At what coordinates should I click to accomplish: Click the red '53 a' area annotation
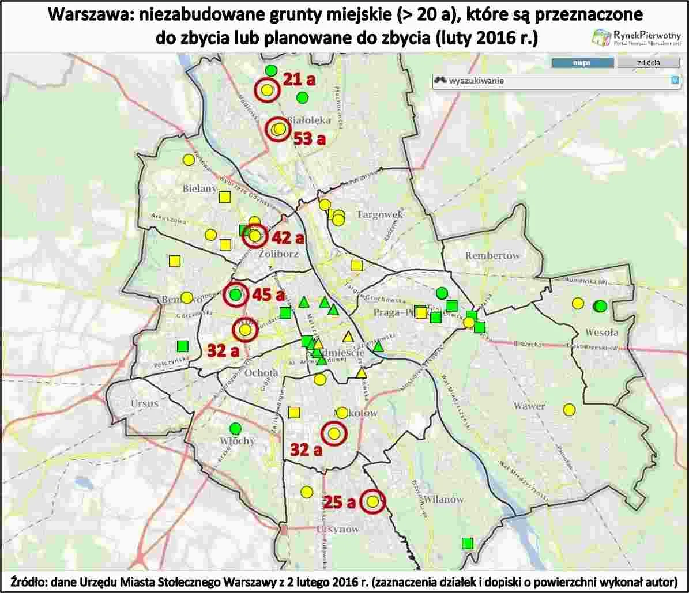pyautogui.click(x=310, y=138)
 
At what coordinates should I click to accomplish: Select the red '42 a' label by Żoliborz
pyautogui.click(x=288, y=238)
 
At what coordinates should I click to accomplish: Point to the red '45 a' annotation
pyautogui.click(x=269, y=296)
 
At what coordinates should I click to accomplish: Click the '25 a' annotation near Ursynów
pyautogui.click(x=340, y=503)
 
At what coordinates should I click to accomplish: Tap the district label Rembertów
pyautogui.click(x=492, y=255)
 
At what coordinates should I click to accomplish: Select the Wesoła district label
pyautogui.click(x=601, y=332)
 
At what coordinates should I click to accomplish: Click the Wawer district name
pyautogui.click(x=529, y=406)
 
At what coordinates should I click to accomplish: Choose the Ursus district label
pyautogui.click(x=144, y=403)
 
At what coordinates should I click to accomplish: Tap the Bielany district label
pyautogui.click(x=199, y=188)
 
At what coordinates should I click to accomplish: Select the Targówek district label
pyautogui.click(x=379, y=214)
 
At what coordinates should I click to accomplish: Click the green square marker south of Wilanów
pyautogui.click(x=468, y=543)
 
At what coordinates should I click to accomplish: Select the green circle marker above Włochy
pyautogui.click(x=235, y=428)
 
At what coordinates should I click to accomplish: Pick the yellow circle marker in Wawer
pyautogui.click(x=569, y=410)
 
